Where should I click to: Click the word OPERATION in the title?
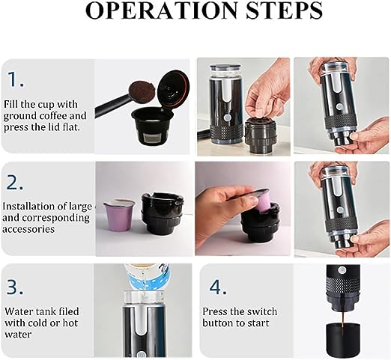click(x=161, y=10)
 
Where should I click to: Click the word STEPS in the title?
click(x=284, y=10)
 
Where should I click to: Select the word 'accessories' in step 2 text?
click(x=28, y=229)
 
